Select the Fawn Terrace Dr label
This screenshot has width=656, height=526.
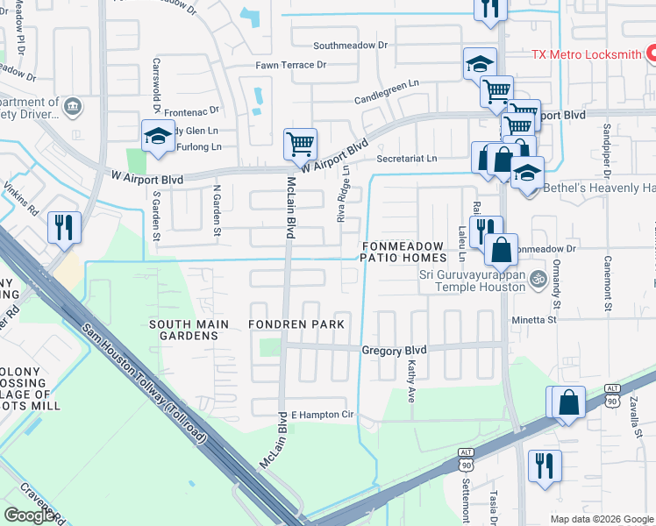pos(290,65)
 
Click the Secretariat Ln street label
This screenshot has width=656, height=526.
pos(406,159)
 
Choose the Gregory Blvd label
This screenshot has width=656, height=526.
pos(394,350)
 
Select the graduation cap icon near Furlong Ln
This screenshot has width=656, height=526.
pos(158,137)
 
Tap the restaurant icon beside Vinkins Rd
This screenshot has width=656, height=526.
pos(64,227)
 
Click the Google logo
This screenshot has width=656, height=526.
pos(30,515)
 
